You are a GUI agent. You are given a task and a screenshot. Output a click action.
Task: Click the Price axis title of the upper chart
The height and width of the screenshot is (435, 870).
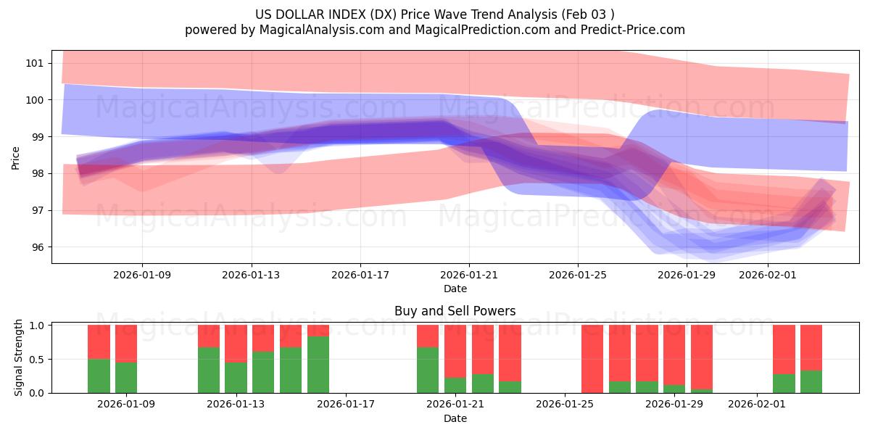coord(16,157)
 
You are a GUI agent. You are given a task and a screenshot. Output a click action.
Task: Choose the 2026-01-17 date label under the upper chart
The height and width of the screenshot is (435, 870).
coord(360,275)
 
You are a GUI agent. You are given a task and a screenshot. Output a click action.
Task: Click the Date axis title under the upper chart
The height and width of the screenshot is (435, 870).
coord(455,289)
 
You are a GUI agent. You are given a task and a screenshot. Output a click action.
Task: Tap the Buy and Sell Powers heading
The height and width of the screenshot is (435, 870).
coord(455,311)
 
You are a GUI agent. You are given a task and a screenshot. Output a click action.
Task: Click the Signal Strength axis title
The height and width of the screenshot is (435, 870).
coord(19,357)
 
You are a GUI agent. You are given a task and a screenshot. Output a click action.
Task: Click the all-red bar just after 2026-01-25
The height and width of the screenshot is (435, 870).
coord(592,359)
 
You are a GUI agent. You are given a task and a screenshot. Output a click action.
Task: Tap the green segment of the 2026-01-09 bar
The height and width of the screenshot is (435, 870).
coord(126,378)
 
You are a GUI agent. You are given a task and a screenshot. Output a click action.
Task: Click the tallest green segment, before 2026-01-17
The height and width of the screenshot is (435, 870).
coord(318,365)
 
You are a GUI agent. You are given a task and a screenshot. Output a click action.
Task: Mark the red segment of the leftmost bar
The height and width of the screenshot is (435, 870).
coord(99,341)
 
